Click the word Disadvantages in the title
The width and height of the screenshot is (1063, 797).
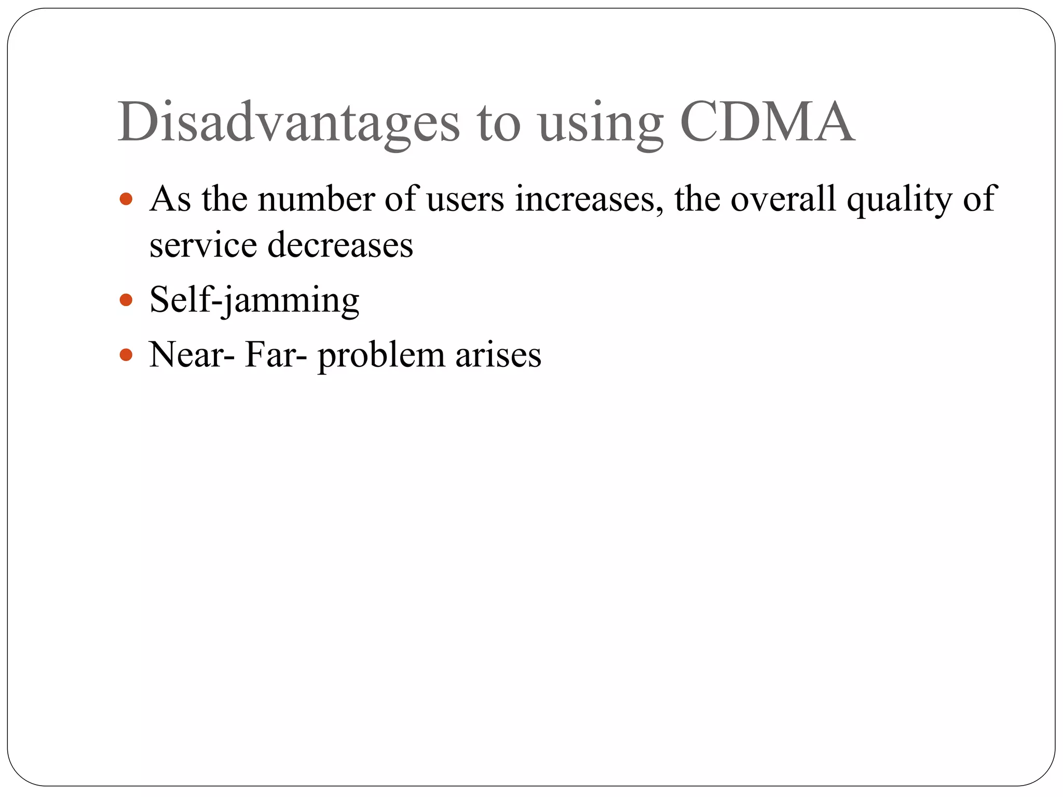tap(289, 122)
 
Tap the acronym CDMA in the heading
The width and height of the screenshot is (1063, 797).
tap(767, 122)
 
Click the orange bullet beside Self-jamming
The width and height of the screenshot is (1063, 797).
tap(126, 300)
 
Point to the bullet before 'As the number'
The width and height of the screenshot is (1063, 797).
tap(126, 199)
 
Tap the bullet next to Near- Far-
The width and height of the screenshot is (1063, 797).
tap(126, 355)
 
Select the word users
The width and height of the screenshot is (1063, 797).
tap(465, 200)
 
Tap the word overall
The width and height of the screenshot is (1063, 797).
tap(783, 199)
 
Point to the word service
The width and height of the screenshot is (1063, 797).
tap(203, 245)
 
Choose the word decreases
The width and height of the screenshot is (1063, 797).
tap(340, 245)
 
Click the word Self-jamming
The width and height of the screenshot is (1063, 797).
tap(254, 300)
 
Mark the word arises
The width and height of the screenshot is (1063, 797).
tap(498, 355)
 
